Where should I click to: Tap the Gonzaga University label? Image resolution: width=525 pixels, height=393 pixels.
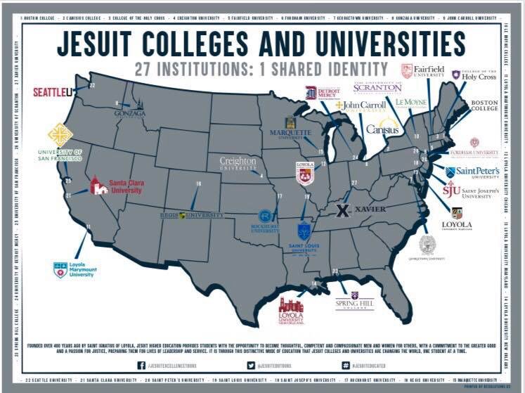pos(130,112)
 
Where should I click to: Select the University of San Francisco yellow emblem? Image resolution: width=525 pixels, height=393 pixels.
pos(60,135)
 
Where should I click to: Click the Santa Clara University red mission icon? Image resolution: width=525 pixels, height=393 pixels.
pos(98,186)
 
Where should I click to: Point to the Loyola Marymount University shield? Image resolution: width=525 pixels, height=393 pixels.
pos(60,269)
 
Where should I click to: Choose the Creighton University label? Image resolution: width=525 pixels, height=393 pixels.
pos(238,164)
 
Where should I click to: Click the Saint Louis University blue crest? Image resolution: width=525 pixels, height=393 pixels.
pos(304,231)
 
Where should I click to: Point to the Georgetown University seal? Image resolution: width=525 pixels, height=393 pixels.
pos(427,245)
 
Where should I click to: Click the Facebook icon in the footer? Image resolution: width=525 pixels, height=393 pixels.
pos(141,365)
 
